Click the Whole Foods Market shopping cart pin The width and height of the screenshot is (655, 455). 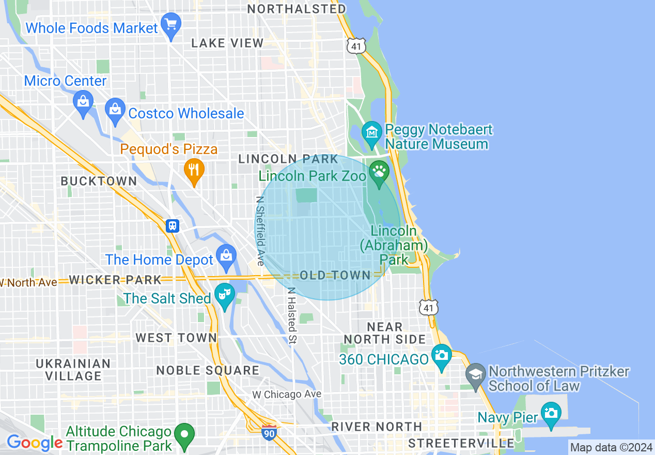(170, 24)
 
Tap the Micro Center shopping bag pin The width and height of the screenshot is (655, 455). (83, 101)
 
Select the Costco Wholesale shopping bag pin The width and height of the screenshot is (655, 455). (115, 110)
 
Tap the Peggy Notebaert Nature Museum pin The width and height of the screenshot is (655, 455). (372, 131)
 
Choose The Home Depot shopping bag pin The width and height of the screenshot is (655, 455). (226, 255)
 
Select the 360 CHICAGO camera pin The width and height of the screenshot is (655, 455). (442, 355)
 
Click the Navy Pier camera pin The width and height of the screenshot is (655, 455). (551, 413)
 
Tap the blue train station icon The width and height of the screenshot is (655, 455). (172, 225)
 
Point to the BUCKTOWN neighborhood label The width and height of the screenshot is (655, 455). (99, 181)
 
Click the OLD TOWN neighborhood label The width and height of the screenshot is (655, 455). (335, 275)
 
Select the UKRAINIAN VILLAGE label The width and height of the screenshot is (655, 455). (73, 370)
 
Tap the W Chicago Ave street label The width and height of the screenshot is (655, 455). (287, 395)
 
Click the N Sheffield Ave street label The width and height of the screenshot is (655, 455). (260, 230)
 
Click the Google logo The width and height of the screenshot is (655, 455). (34, 443)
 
